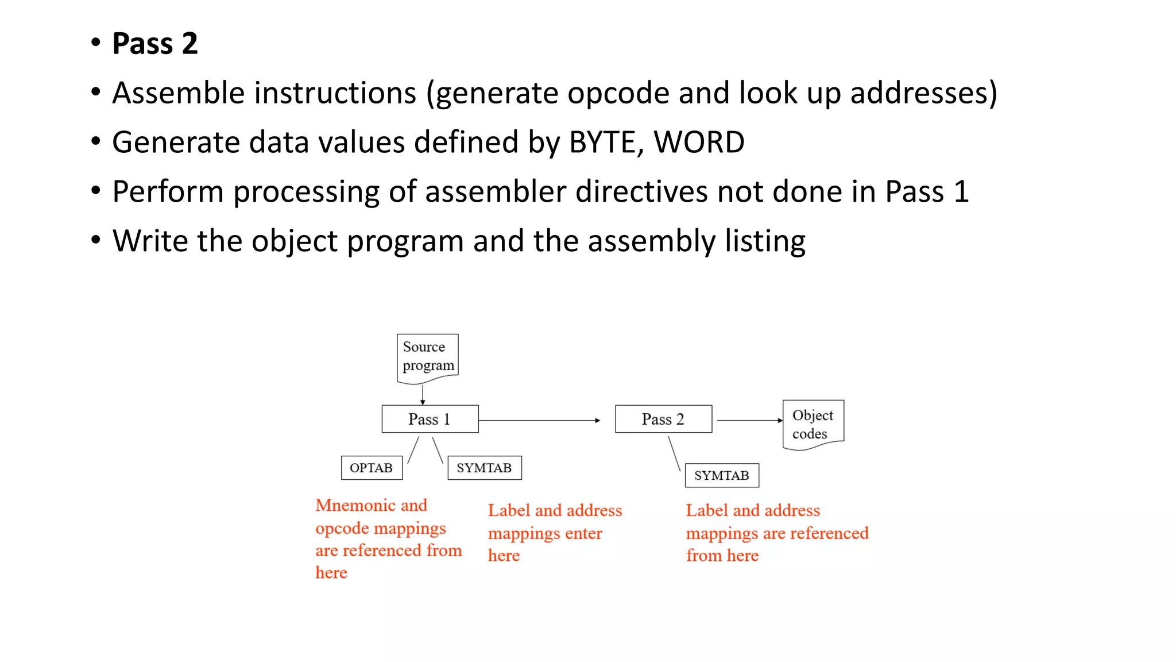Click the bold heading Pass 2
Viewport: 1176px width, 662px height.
click(x=155, y=44)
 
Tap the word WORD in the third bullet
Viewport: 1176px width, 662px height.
click(x=699, y=143)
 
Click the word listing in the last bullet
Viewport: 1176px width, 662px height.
click(x=765, y=241)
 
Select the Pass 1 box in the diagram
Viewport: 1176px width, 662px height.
click(x=430, y=419)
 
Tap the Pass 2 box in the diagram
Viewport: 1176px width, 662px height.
click(x=663, y=419)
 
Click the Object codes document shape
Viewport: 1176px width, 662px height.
click(x=813, y=424)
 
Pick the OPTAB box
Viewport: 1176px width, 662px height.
click(x=372, y=468)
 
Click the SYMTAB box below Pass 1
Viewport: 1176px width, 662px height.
click(x=484, y=468)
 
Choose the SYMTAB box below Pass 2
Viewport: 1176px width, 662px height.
click(x=722, y=475)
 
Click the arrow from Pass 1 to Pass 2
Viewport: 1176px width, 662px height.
click(x=540, y=421)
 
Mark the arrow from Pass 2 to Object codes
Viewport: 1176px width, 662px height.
click(x=749, y=421)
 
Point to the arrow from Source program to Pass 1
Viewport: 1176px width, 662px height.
click(x=423, y=395)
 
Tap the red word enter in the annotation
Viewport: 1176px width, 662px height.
click(x=583, y=534)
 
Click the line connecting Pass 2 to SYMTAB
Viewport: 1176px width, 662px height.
click(x=675, y=454)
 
